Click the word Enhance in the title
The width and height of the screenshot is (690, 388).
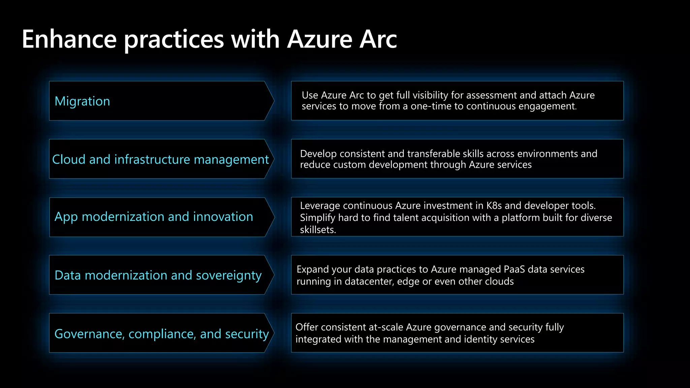[69, 39]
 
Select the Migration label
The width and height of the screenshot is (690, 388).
[82, 101]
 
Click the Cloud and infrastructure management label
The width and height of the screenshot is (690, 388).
[160, 159]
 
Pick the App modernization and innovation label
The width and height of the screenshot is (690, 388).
[154, 217]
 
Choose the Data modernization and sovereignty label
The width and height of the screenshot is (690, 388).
[158, 275]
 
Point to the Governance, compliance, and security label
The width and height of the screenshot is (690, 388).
[162, 334]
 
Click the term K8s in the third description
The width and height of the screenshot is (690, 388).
[494, 205]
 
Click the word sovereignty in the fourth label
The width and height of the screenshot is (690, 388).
[228, 276]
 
